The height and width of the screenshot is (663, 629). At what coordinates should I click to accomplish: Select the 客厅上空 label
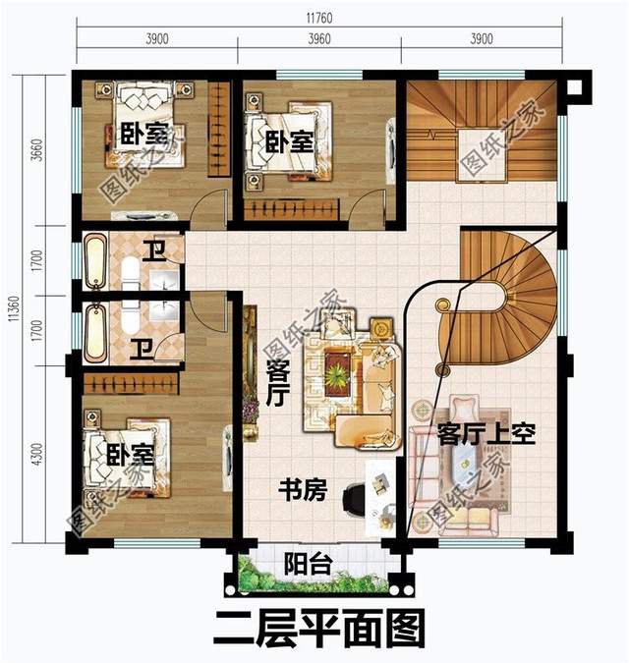[x=486, y=433]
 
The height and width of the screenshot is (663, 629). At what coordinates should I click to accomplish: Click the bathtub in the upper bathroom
[x=96, y=261]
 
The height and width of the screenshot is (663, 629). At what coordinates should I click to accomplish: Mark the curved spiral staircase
[x=511, y=295]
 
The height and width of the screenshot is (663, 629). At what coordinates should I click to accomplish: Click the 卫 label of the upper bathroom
[x=154, y=249]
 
